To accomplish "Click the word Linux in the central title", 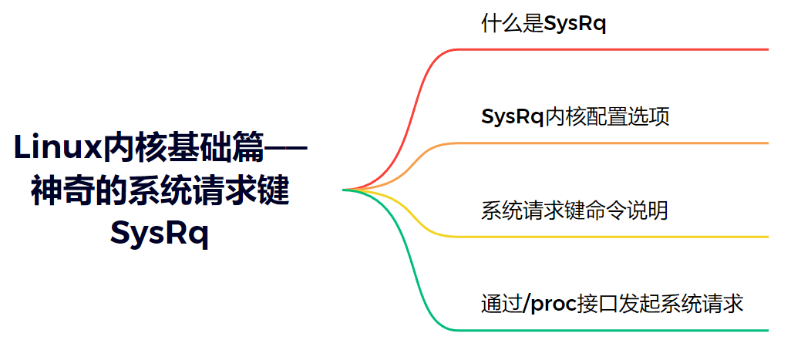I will point(58,146).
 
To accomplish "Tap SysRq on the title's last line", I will point(160,231).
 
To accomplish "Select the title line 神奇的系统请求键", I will point(160,190).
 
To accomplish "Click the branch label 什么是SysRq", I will point(544,24).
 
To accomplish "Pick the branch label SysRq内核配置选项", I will point(574,116).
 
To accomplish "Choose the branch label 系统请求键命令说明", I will point(574,210).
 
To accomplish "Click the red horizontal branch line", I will point(617,49).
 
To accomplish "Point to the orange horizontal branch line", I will point(617,143).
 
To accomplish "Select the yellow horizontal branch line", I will point(617,237).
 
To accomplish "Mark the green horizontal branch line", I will point(617,330).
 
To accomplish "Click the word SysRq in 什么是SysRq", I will point(575,24).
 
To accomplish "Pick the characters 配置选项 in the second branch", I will point(638,116).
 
